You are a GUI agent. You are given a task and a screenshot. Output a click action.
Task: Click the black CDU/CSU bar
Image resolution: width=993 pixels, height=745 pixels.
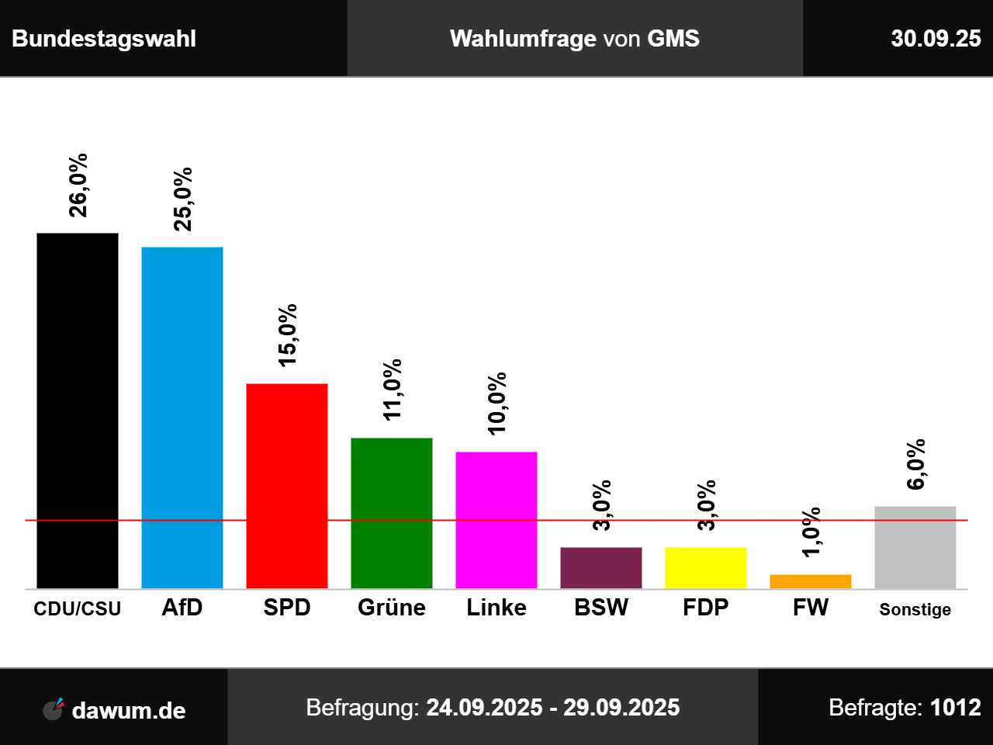tap(78, 411)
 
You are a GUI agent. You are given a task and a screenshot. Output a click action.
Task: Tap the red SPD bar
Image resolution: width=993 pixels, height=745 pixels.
tap(287, 486)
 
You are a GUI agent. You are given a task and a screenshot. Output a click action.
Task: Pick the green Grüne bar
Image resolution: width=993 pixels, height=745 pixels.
tap(392, 513)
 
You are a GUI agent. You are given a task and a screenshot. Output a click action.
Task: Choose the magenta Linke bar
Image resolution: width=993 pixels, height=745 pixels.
tap(496, 520)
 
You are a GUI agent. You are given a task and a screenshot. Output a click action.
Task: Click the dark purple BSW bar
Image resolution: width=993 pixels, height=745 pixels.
tap(601, 568)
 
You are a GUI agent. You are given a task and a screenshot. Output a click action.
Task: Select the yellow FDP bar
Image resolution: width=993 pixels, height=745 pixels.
tap(706, 568)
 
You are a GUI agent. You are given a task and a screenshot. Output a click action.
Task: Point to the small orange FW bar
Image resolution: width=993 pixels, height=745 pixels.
tap(811, 581)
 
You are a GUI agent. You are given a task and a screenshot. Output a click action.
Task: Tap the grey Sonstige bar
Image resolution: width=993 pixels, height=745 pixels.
tap(915, 547)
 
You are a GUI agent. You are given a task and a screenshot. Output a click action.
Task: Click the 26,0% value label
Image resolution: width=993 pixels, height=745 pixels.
tap(78, 185)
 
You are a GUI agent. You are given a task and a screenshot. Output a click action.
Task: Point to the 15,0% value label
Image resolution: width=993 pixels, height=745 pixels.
tap(288, 335)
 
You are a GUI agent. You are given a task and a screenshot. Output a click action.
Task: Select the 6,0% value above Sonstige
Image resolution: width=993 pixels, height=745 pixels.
tap(916, 464)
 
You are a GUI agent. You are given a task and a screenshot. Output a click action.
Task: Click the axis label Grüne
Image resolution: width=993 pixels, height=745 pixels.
tap(392, 607)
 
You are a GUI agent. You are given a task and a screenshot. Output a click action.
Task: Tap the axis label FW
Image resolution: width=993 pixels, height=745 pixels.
tap(811, 607)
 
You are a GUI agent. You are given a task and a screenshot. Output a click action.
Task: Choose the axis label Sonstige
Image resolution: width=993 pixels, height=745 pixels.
tap(915, 609)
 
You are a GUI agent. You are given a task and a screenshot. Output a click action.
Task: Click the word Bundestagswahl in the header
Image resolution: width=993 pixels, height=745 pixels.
tap(104, 39)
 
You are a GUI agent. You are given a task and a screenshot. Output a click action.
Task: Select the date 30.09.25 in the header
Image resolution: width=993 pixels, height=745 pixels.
tap(936, 39)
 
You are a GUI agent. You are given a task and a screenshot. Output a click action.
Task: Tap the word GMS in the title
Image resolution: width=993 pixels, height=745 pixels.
tap(673, 39)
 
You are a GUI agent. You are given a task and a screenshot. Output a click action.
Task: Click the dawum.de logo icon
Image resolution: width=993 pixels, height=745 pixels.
tap(54, 709)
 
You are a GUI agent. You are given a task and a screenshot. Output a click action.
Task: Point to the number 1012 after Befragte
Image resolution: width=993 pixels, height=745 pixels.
tap(956, 707)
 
